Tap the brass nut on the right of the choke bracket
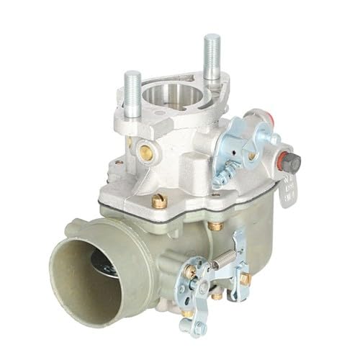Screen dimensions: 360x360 (x=244, y=277)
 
